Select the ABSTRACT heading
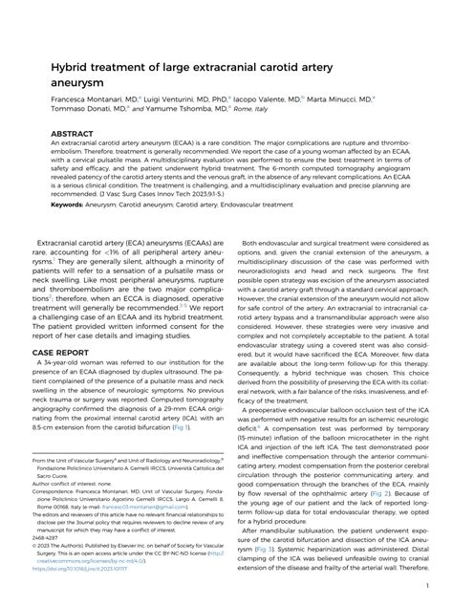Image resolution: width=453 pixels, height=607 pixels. [x=52, y=135]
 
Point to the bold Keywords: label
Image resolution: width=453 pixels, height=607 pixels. [x=54, y=204]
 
